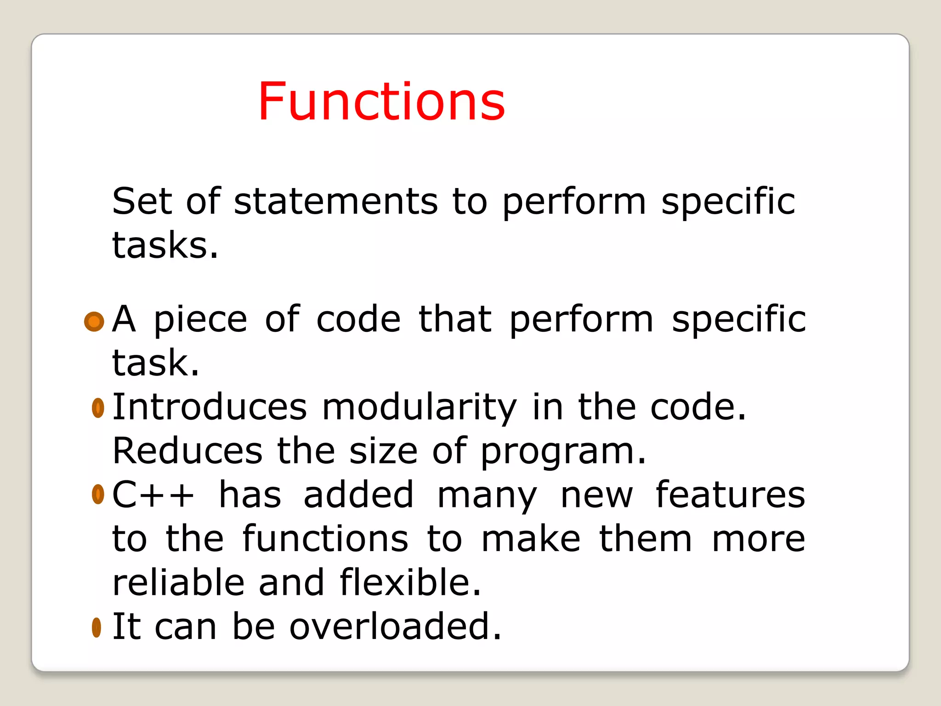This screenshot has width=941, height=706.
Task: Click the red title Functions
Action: tap(381, 102)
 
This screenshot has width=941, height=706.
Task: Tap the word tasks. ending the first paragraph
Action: tap(165, 245)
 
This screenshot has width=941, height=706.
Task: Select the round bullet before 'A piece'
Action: tap(94, 321)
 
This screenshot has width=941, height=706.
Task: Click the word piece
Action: tap(200, 319)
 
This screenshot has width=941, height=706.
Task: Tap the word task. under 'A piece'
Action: tap(156, 363)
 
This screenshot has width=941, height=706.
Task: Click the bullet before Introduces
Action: tap(98, 408)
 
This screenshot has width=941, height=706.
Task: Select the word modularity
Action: tap(419, 407)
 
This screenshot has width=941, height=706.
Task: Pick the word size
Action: tap(383, 451)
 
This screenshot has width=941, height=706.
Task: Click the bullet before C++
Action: tap(98, 495)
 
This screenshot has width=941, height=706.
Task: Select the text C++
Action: tap(153, 495)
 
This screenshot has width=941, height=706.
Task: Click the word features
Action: tap(730, 495)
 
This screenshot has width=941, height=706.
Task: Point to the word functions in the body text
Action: tap(325, 539)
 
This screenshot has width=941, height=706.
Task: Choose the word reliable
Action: tap(178, 582)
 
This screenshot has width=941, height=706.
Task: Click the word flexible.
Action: tap(410, 582)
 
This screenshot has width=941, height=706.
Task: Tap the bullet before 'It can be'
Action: tap(96, 627)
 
